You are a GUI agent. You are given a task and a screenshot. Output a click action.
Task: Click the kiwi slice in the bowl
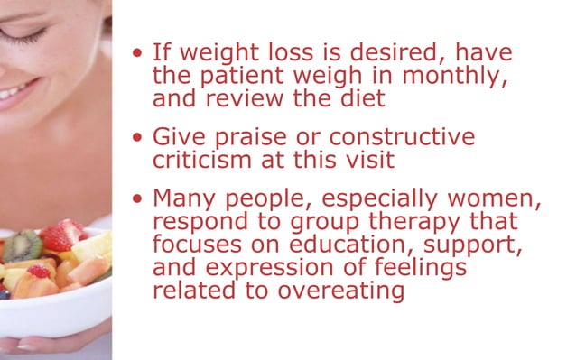pyautogui.click(x=24, y=245)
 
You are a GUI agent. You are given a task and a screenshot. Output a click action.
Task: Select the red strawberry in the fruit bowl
pyautogui.click(x=60, y=236)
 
